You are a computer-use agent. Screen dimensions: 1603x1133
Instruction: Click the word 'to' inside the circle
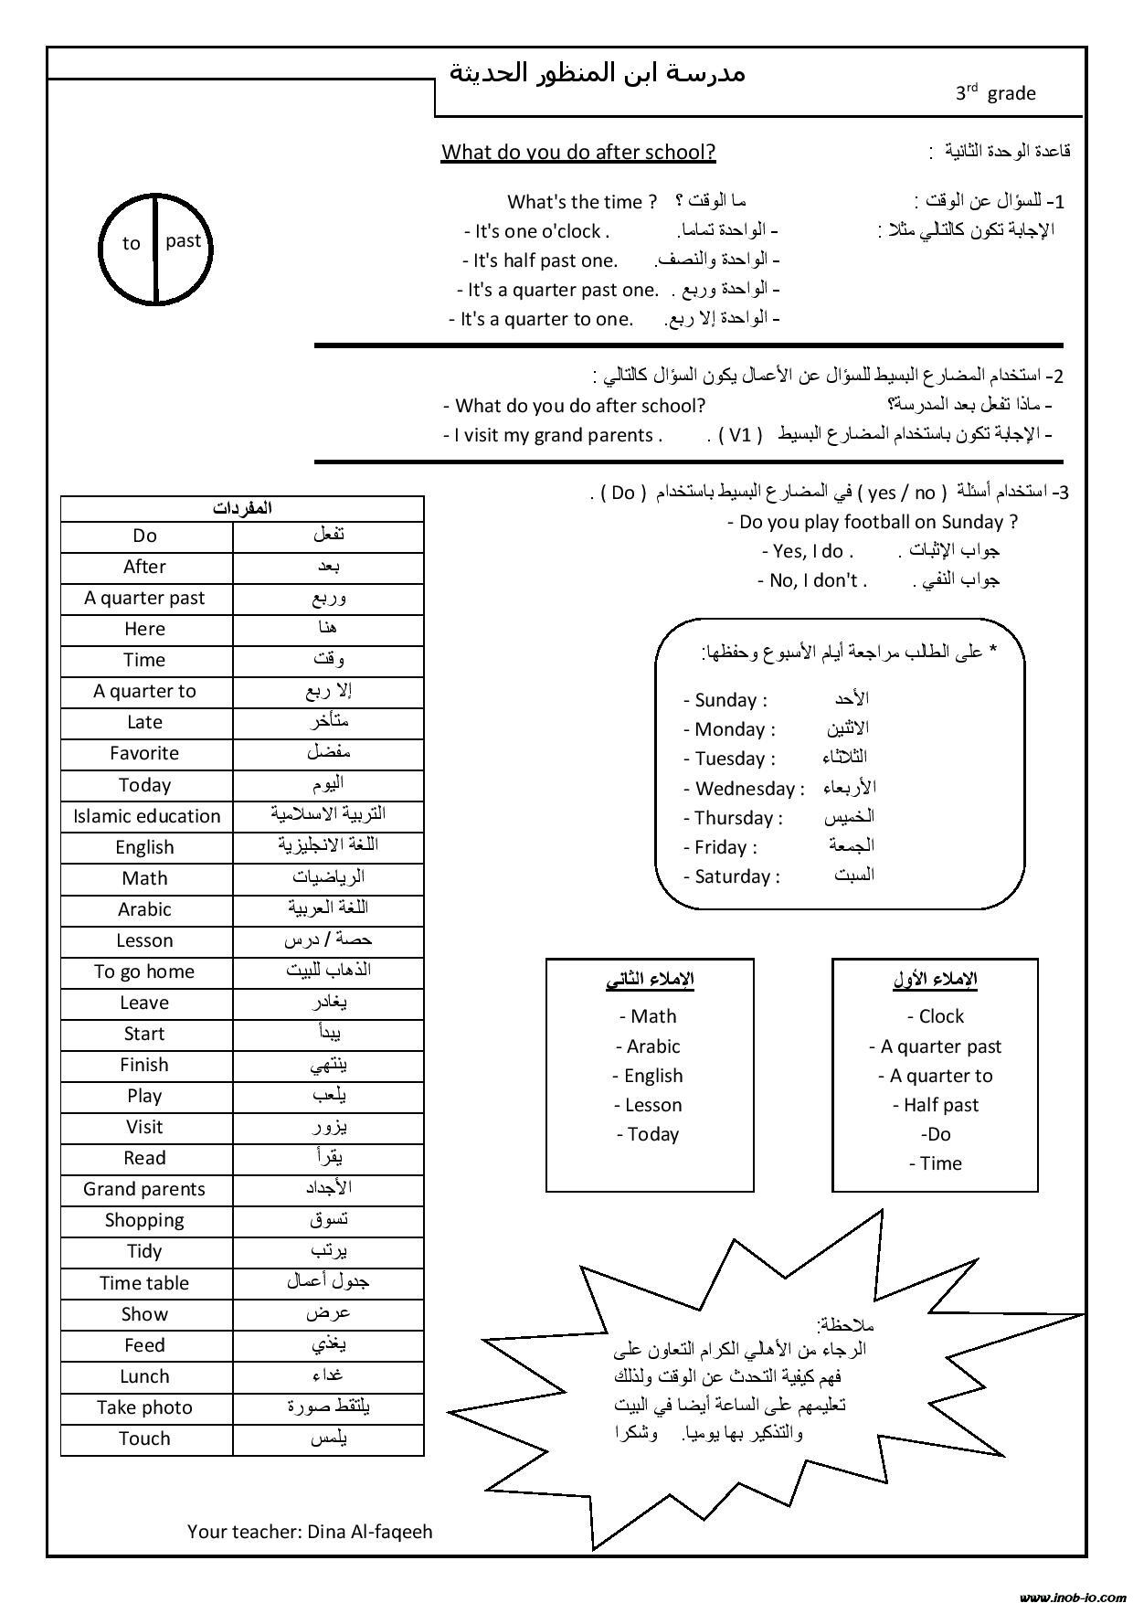(132, 243)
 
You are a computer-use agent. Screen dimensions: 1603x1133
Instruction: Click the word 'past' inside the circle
(183, 240)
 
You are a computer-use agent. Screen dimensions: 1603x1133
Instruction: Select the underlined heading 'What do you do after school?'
(578, 152)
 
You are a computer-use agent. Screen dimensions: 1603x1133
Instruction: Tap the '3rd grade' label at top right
(995, 92)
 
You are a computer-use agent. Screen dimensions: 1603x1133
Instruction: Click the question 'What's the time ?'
(582, 202)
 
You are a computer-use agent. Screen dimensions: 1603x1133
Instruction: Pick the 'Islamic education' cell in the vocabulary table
(147, 816)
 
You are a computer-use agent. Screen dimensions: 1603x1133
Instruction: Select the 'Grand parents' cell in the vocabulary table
(144, 1189)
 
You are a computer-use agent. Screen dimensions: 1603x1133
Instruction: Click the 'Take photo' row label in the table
(144, 1407)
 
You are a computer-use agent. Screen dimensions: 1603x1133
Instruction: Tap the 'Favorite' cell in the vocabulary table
(144, 753)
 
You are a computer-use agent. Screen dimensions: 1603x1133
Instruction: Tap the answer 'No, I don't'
(813, 580)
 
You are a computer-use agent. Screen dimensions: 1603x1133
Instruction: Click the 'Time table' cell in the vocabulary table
(144, 1283)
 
